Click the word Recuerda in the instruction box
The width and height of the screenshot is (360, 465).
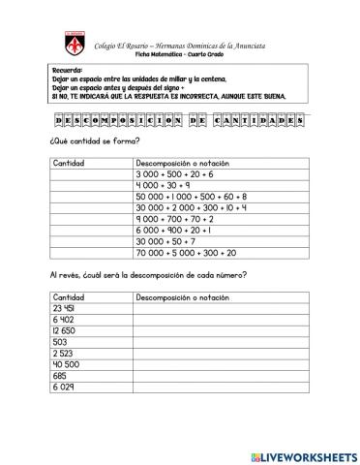[x=67, y=71]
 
